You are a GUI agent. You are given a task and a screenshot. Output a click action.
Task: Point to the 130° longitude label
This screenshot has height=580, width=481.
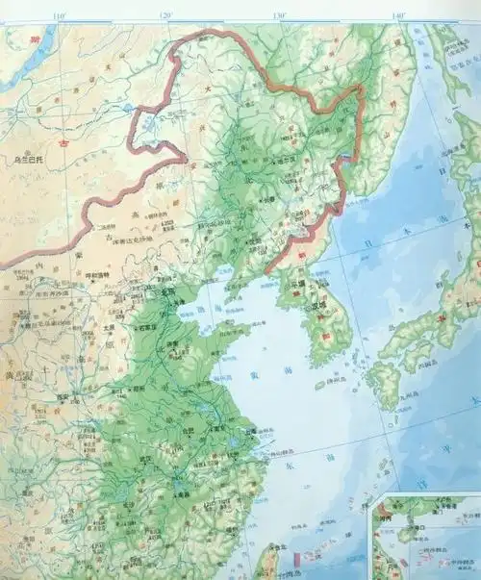click(x=281, y=15)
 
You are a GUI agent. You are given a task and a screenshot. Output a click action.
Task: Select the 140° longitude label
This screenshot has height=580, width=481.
click(x=397, y=15)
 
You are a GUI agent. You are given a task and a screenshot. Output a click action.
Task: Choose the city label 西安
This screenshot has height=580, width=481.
click(x=67, y=395)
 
